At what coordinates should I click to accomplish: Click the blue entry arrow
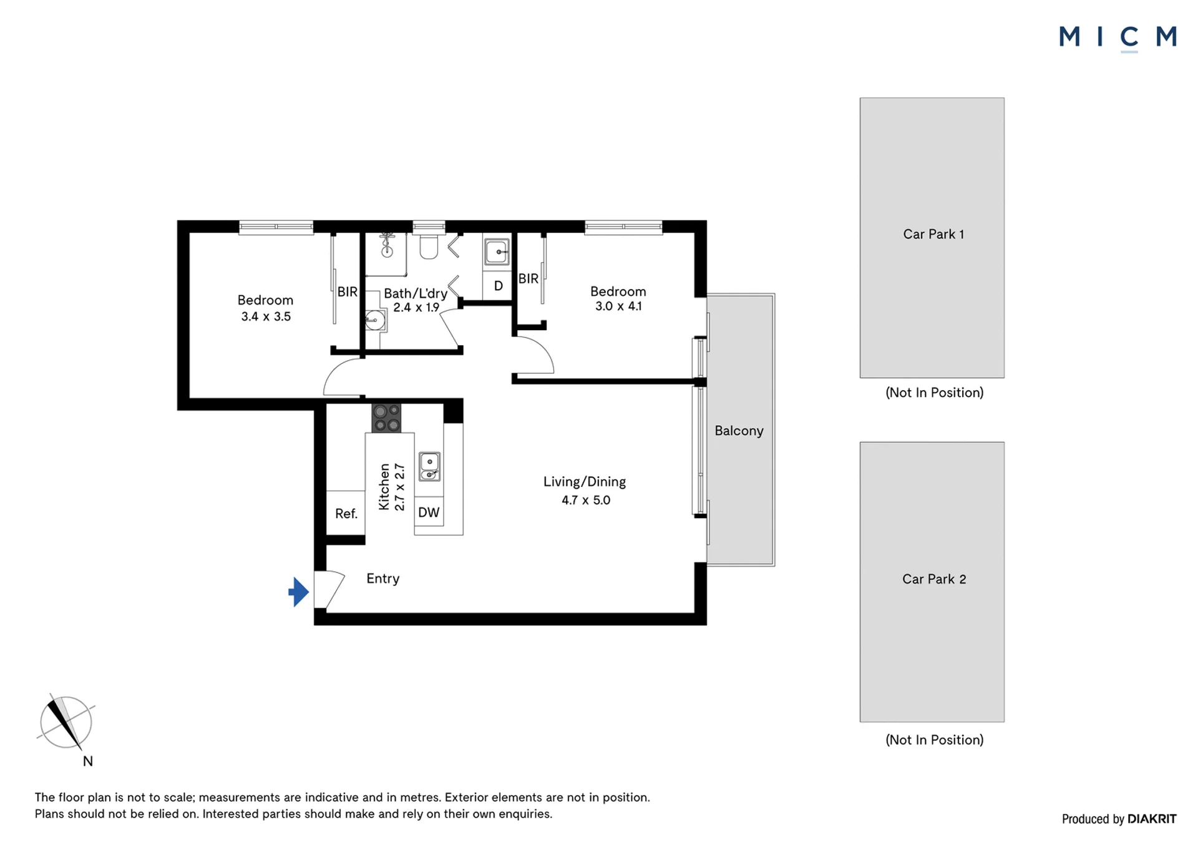click(x=299, y=592)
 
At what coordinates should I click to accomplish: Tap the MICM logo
click(x=1118, y=37)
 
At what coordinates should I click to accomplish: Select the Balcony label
click(x=739, y=431)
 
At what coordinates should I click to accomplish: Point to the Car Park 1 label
click(x=933, y=234)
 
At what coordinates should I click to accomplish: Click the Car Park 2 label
click(x=934, y=579)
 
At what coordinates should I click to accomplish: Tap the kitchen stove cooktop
click(x=386, y=418)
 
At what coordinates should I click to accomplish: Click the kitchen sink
click(x=429, y=467)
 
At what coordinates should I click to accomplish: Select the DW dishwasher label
click(x=429, y=512)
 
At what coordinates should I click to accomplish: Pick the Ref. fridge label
click(x=346, y=514)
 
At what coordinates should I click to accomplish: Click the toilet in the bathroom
click(x=429, y=246)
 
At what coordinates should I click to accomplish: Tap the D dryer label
click(x=499, y=286)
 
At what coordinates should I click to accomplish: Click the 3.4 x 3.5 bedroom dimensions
click(x=266, y=316)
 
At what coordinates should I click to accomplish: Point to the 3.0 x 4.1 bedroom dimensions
click(x=618, y=306)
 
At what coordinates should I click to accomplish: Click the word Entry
click(x=383, y=579)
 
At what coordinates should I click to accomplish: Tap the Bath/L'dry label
click(x=416, y=293)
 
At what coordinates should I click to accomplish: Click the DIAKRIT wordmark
click(x=1152, y=819)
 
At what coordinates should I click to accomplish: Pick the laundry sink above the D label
click(x=497, y=252)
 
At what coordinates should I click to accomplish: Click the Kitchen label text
click(x=384, y=487)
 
